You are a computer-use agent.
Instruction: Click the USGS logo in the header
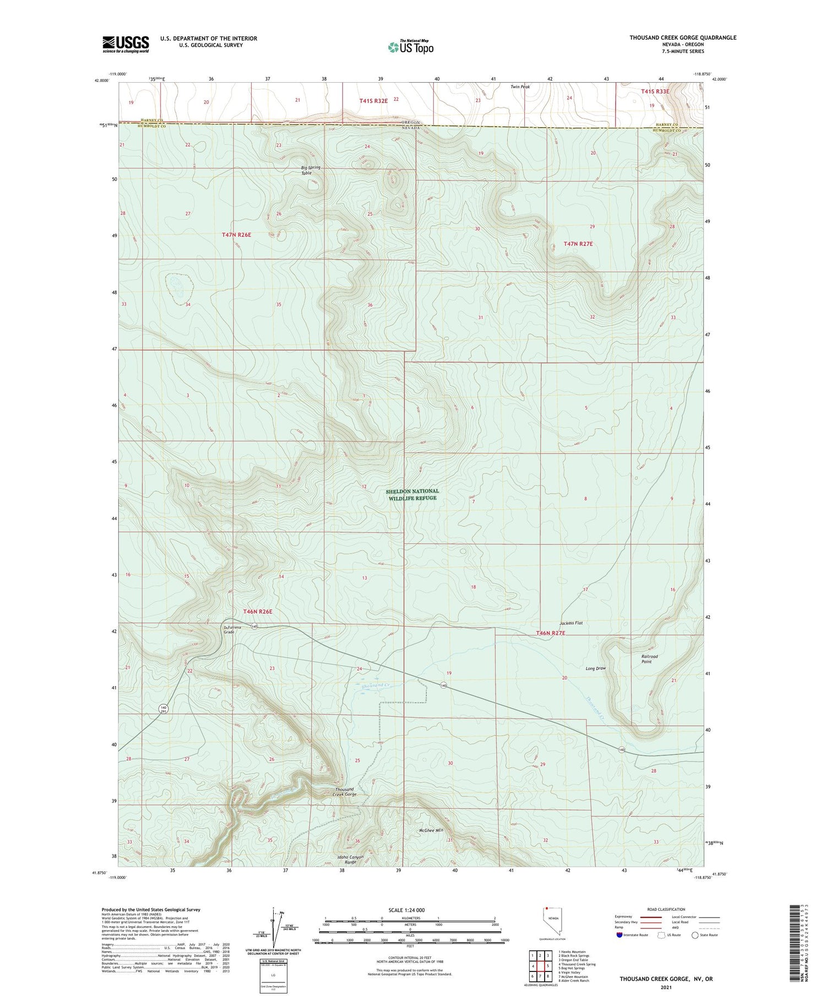[126, 44]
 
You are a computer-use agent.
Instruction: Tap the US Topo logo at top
[411, 47]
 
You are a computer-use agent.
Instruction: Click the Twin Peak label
[520, 87]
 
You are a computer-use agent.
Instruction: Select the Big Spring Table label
[311, 170]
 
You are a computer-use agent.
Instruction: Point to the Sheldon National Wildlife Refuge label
[412, 494]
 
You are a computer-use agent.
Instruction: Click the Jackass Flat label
[571, 623]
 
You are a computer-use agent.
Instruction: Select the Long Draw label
[595, 668]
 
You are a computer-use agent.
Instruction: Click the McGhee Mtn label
[431, 830]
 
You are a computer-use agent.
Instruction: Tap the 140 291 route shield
[163, 709]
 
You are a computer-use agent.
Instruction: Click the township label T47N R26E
[236, 235]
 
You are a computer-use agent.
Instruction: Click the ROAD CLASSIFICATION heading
[666, 909]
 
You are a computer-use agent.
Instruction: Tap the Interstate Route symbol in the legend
[619, 935]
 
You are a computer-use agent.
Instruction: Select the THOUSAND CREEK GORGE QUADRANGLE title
[683, 37]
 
